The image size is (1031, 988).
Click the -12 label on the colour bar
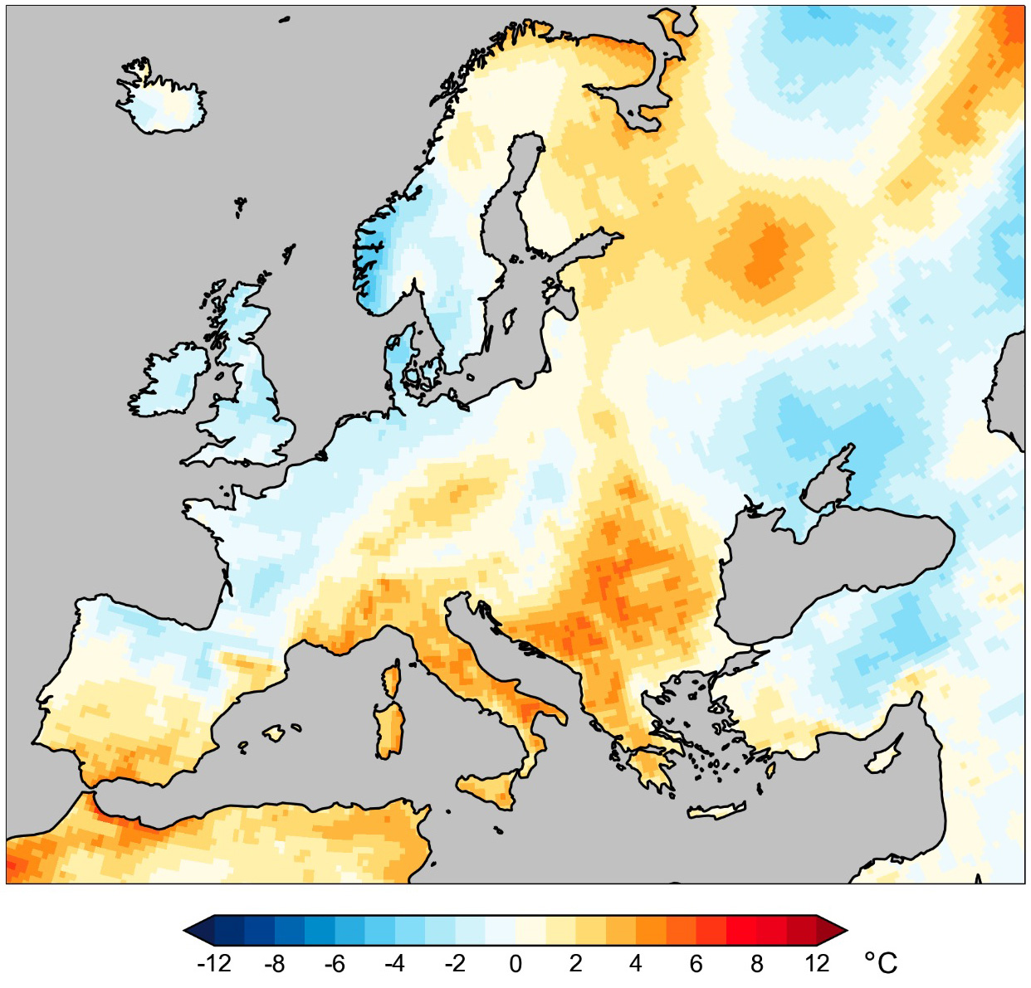(213, 963)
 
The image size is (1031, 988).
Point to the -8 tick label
(274, 963)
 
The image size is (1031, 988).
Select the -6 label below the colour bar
(335, 963)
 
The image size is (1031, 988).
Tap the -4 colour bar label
(394, 963)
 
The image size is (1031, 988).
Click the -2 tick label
(455, 963)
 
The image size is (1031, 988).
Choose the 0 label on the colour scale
(515, 963)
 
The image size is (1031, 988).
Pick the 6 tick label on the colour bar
(696, 963)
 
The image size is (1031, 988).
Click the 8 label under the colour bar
(756, 963)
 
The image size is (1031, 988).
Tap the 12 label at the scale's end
(817, 963)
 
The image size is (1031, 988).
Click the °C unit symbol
(881, 963)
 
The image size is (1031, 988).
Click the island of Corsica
(391, 680)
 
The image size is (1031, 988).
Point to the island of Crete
(716, 811)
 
